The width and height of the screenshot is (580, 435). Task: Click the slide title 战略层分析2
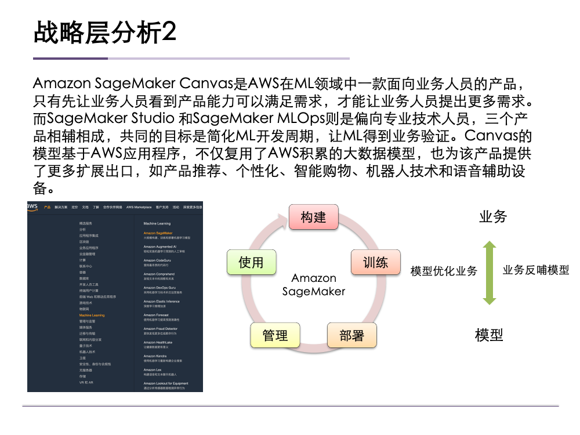[x=105, y=33]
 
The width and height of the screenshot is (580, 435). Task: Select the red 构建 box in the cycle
[x=313, y=217]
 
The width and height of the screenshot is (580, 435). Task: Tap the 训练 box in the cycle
[x=375, y=262]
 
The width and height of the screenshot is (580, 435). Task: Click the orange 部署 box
[x=351, y=335]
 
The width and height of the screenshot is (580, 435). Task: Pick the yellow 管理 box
[x=275, y=335]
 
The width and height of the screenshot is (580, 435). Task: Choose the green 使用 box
[x=251, y=262]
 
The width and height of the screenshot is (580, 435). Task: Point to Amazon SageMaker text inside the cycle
[x=314, y=285]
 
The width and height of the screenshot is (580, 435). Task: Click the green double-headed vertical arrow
[x=490, y=273]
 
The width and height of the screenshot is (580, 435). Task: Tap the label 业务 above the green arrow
[x=493, y=217]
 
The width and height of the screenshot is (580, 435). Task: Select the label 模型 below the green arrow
[x=489, y=335]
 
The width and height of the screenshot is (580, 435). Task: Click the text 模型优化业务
[x=444, y=271]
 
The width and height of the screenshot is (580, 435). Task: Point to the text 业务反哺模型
[x=535, y=270]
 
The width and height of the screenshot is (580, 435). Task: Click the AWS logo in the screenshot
[x=32, y=206]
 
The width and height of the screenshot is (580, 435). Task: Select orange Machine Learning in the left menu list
[x=92, y=316]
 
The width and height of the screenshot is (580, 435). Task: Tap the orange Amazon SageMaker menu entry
[x=158, y=233]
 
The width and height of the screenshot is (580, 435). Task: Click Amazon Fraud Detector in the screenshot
[x=161, y=329]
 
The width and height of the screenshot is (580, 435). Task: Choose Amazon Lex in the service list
[x=153, y=369]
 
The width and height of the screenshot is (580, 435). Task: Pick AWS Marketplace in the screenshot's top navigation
[x=139, y=207]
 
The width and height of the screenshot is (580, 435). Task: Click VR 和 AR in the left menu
[x=86, y=382]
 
